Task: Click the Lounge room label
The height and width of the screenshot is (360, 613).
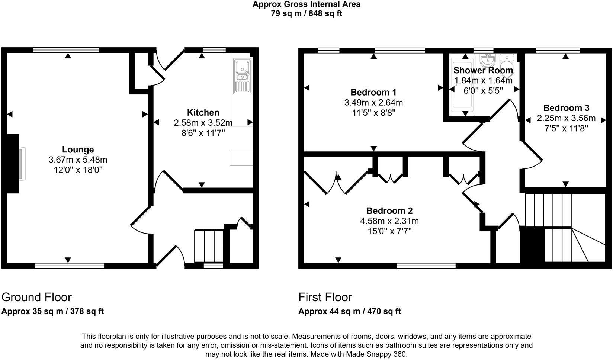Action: (78, 150)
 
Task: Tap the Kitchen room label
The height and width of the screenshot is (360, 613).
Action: (203, 113)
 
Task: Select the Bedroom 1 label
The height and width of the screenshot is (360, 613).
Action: (373, 92)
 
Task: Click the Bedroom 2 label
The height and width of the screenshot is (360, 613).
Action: (389, 211)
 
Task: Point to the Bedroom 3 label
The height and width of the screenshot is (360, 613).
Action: (566, 108)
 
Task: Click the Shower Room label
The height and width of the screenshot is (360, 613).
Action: (483, 70)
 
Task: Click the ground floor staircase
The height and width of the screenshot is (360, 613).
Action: (209, 246)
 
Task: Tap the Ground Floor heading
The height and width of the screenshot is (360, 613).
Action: (36, 297)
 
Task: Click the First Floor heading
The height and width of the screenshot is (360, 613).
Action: (325, 297)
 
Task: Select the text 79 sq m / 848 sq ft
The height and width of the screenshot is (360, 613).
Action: (306, 14)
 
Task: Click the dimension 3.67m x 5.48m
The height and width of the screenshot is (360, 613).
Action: (78, 160)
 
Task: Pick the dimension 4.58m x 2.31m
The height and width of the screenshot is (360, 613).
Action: (389, 221)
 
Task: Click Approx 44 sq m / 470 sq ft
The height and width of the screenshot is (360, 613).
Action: (349, 312)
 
